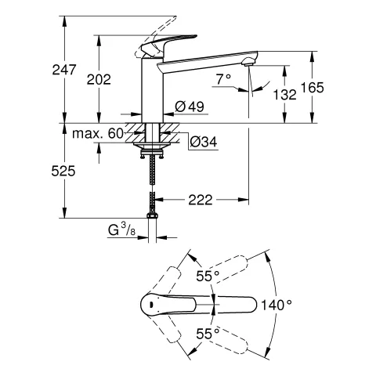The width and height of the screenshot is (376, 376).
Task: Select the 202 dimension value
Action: [x=111, y=78]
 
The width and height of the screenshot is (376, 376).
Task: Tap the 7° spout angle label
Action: [x=222, y=78]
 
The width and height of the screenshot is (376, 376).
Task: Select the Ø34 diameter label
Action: [x=203, y=142]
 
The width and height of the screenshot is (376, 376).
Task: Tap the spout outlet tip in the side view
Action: [x=250, y=61]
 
